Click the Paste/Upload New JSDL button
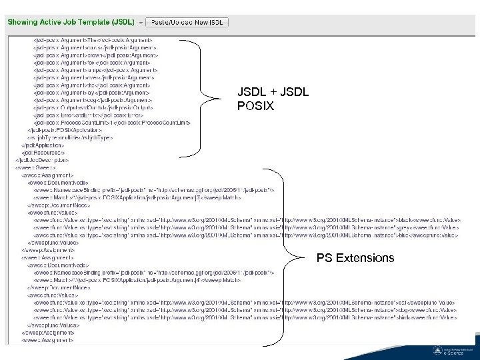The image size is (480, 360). point(187,22)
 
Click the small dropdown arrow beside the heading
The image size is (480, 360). point(140,23)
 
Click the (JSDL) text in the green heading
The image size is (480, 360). point(121,22)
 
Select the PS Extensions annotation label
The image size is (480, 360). point(355,258)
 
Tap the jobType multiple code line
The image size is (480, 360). point(70,137)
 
